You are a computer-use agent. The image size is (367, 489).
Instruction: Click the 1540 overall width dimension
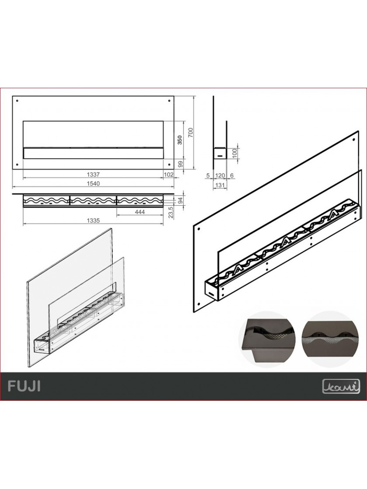[93, 183]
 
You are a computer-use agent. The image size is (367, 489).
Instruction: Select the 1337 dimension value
[93, 175]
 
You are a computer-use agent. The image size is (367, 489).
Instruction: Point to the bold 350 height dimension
[180, 140]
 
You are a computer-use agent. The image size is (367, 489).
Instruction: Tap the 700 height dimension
[191, 133]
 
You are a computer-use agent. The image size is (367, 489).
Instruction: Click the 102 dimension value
[169, 175]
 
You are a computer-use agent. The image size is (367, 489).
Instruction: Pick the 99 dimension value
[180, 164]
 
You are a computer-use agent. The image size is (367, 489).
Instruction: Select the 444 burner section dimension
[140, 212]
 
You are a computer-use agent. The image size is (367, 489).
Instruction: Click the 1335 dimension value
[93, 221]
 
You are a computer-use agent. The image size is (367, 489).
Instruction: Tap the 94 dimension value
[180, 201]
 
